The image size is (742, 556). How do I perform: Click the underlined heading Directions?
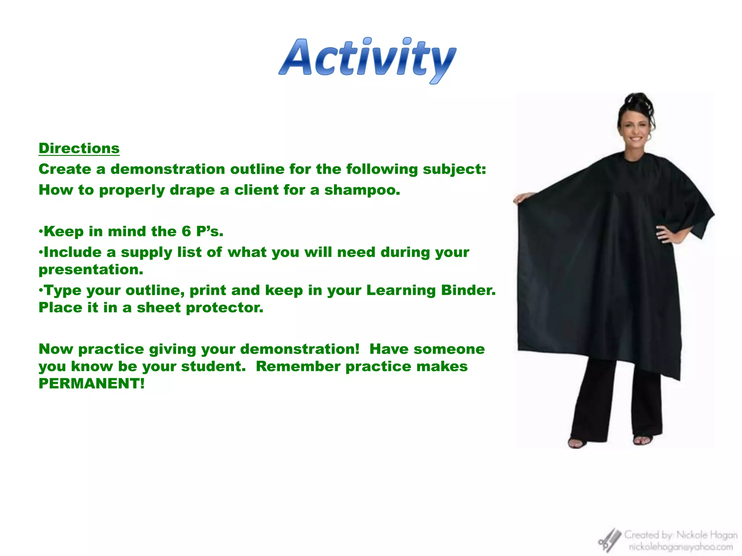pyautogui.click(x=79, y=148)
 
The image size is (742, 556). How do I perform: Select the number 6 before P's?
pyautogui.click(x=186, y=231)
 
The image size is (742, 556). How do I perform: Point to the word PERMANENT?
pyautogui.click(x=91, y=384)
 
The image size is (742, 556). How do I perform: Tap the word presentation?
pyautogui.click(x=91, y=270)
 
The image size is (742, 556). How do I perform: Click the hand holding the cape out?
pyautogui.click(x=522, y=198)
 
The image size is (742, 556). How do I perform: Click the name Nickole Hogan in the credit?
pyautogui.click(x=706, y=535)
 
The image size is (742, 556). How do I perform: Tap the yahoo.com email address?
pyautogui.click(x=680, y=547)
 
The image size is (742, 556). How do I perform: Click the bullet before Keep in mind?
pyautogui.click(x=41, y=231)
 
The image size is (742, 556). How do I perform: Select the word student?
pyautogui.click(x=213, y=366)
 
